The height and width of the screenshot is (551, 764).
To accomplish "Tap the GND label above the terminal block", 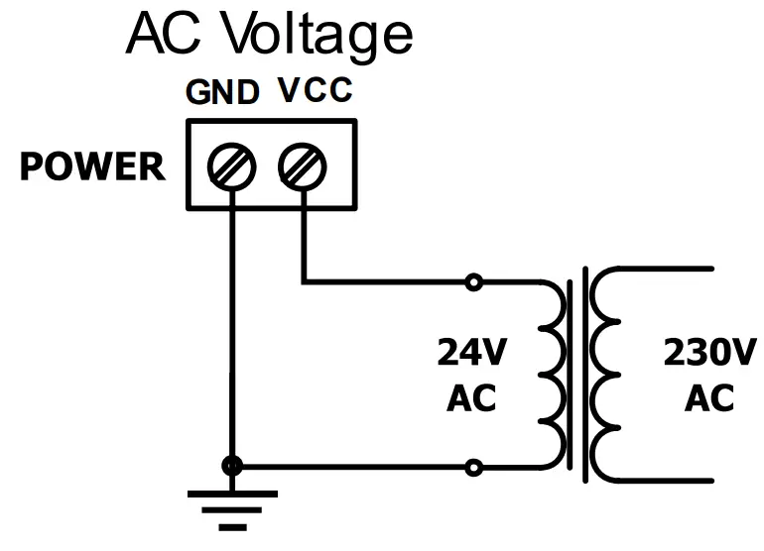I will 222,93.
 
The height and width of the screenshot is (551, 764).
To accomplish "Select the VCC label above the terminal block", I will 314,92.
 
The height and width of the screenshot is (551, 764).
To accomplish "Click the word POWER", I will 92,167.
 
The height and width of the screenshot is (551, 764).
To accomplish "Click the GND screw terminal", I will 231,165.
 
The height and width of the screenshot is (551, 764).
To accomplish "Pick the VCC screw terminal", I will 301,165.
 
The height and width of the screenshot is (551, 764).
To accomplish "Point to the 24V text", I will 471,352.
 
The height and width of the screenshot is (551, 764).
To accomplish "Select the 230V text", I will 709,352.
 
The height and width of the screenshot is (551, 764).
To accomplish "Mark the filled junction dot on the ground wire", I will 231,465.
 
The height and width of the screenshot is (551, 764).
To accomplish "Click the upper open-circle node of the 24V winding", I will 474,282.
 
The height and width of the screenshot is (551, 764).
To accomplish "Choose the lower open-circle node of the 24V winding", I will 474,465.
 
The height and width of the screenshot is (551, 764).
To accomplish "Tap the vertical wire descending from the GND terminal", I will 231,327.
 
